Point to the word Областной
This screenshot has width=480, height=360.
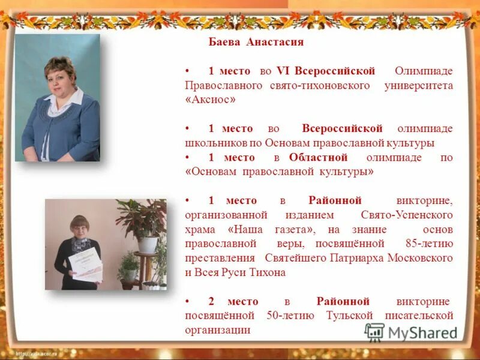(318, 157)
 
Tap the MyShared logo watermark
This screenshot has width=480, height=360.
(410, 332)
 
